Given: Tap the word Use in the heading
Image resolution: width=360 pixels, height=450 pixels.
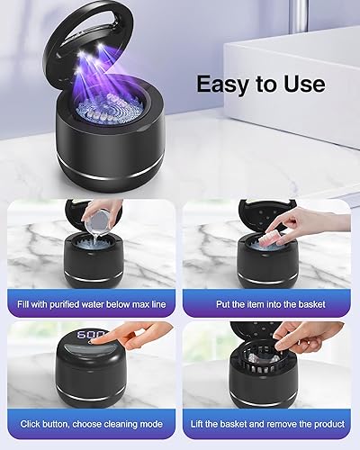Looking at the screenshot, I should tap(301, 85).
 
